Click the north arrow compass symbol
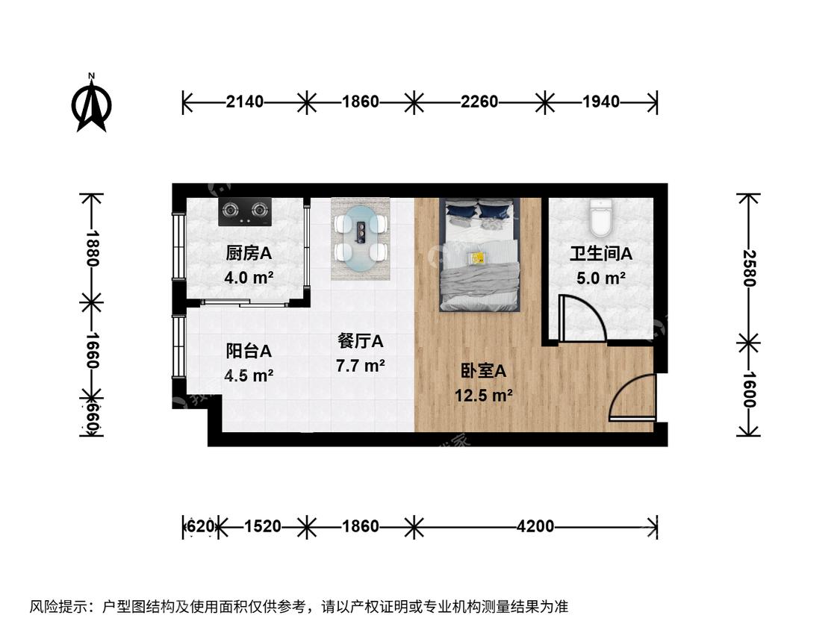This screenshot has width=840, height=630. pos(92,105)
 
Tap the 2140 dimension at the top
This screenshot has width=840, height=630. pos(245,102)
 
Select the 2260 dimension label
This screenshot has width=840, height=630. pos(479,102)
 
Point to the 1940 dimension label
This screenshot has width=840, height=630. pos(601,102)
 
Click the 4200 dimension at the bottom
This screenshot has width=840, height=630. pos(535,526)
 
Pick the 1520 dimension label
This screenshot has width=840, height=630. pos(263,526)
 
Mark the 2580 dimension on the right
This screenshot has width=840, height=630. pos(748,269)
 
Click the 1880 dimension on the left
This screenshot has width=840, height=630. pos(92,248)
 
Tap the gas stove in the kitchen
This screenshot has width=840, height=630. pos(245,212)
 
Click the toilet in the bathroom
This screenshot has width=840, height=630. pos(600,217)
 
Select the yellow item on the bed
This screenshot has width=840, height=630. pos(476,258)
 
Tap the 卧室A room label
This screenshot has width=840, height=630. pos(483,371)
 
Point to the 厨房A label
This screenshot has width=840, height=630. pos(249,253)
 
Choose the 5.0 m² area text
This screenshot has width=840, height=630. pos(600,278)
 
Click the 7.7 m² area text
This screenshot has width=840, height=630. pos(360,366)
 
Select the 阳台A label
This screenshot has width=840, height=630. pos(249,352)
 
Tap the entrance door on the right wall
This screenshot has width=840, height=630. pos(632,396)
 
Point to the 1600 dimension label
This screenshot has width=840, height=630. pos(748,390)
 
